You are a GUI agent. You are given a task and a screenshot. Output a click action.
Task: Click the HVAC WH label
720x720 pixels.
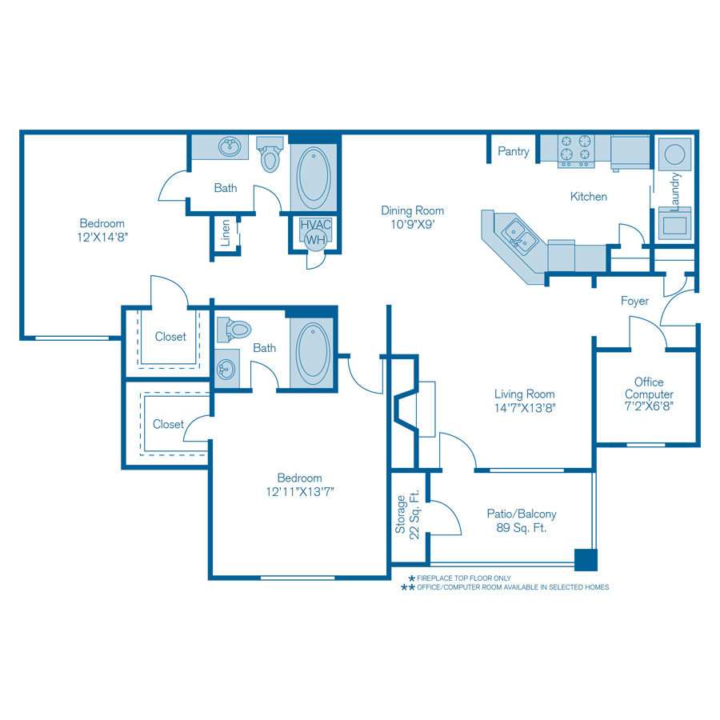(315, 231)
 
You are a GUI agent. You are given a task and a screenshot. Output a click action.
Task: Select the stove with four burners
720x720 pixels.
(576, 150)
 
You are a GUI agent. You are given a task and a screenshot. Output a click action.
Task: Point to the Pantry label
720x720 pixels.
(513, 151)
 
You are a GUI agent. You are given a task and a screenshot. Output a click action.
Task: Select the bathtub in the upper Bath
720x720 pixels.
(314, 174)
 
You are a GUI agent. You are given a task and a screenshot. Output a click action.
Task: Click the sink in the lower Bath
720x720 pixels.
(226, 369)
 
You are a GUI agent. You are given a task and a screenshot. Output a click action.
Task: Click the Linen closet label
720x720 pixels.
(226, 233)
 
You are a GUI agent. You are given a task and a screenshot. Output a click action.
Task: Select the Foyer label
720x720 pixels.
(634, 301)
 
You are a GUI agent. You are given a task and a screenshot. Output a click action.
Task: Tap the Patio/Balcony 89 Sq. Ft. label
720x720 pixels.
(522, 521)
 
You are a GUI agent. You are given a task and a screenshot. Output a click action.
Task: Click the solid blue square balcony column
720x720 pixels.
(586, 559)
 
